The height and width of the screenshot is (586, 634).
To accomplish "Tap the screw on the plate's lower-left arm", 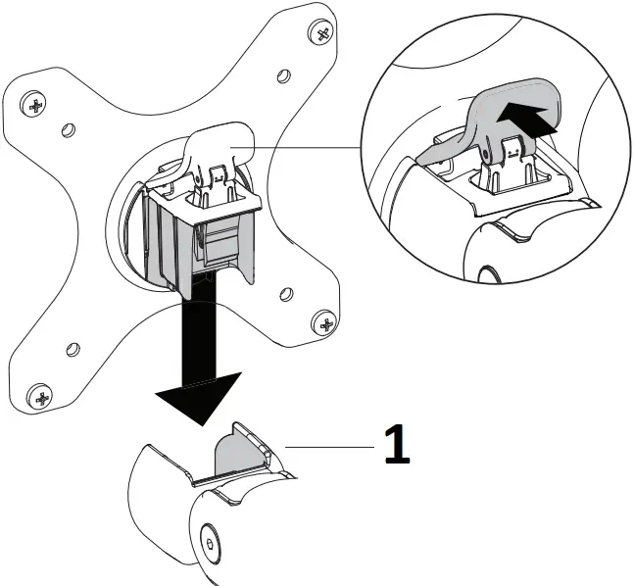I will click(x=41, y=397).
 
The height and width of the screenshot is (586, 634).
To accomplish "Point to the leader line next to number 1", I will click(x=328, y=446).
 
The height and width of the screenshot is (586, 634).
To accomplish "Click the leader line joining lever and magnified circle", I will click(x=304, y=147).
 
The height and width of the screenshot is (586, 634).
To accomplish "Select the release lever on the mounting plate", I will click(x=219, y=148).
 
